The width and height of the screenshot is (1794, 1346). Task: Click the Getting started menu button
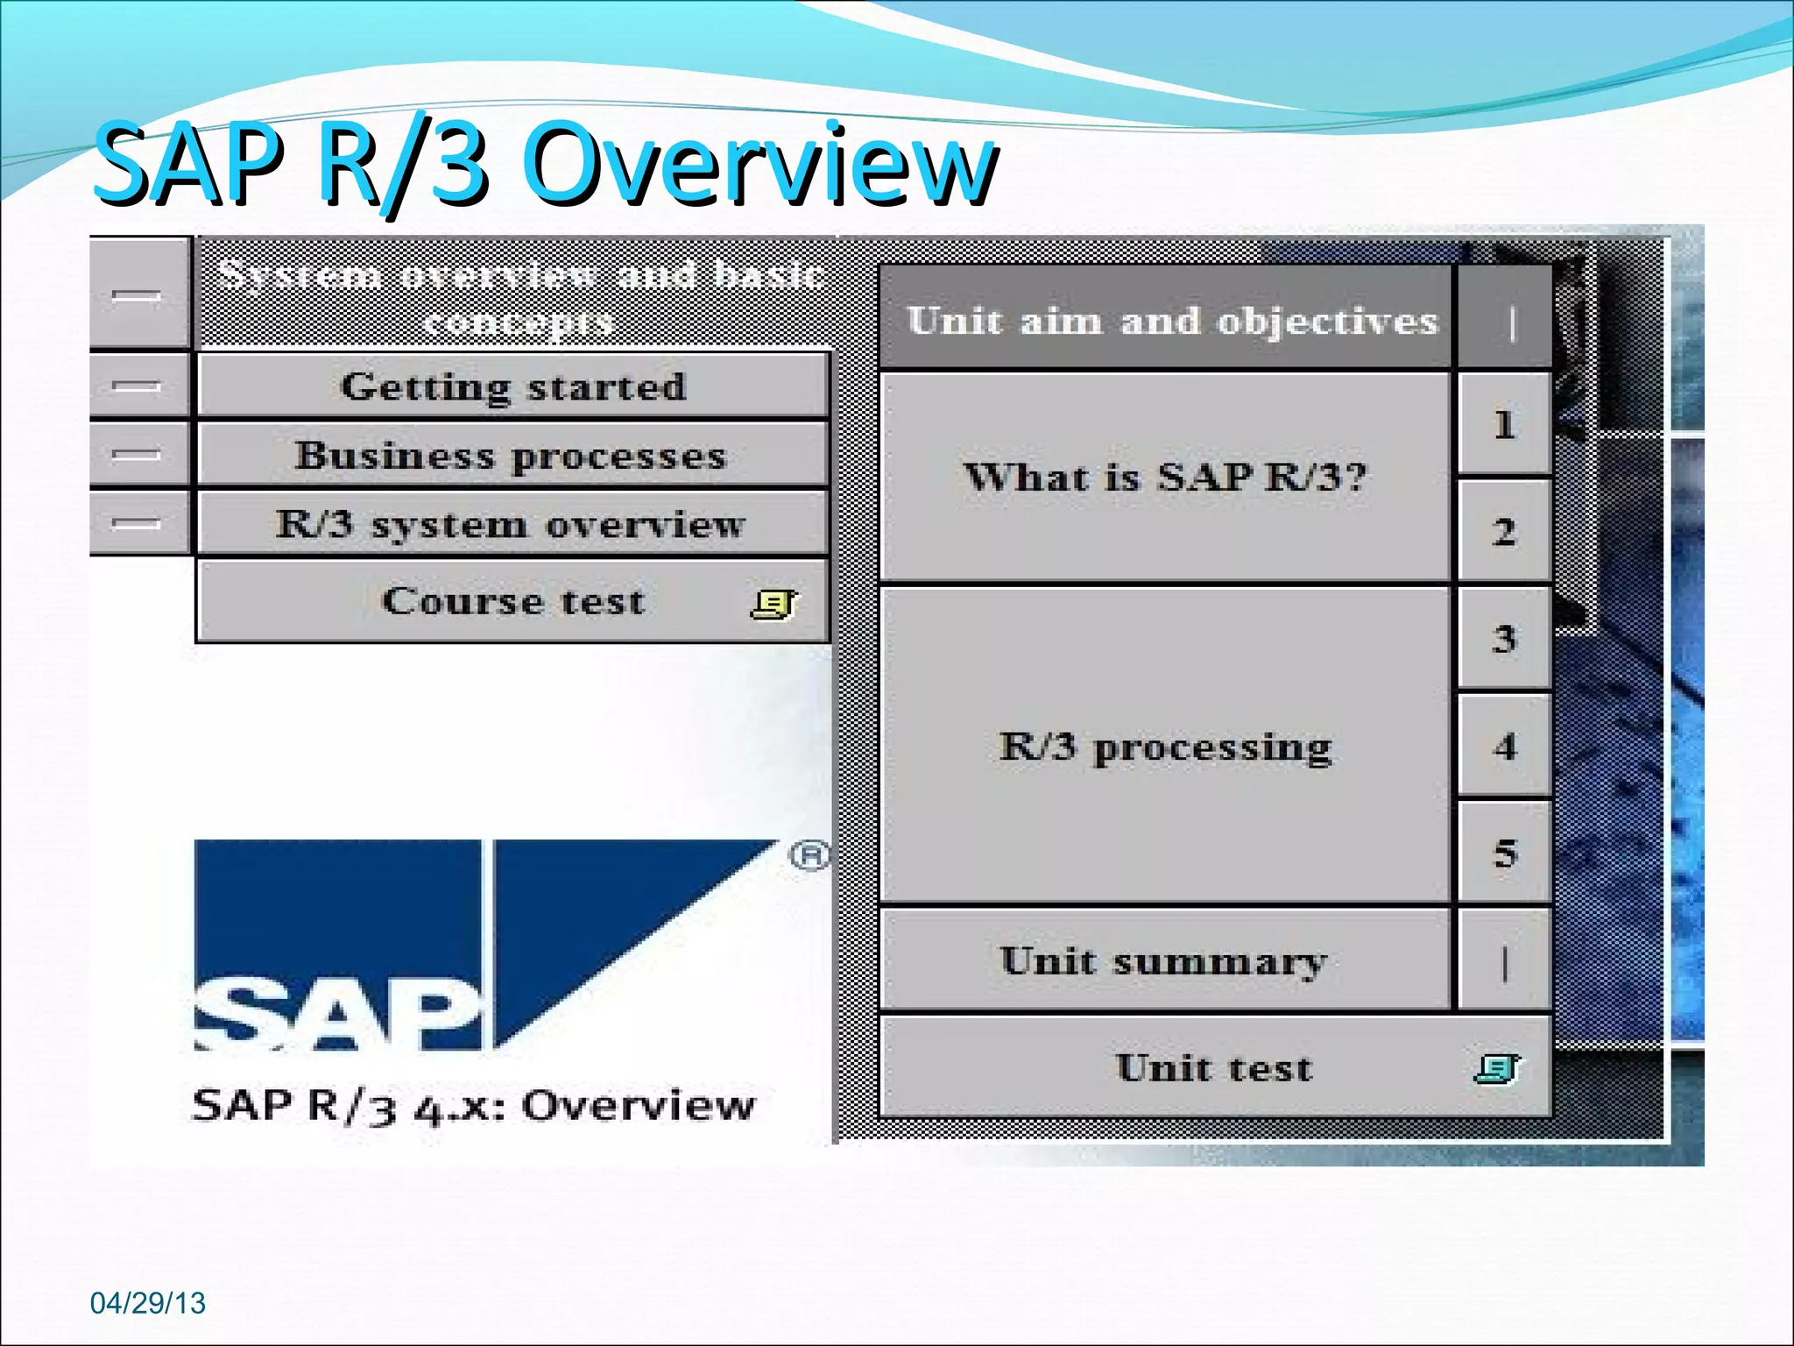(513, 386)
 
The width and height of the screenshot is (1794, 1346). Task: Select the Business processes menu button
(512, 456)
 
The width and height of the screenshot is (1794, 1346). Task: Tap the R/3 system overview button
(512, 524)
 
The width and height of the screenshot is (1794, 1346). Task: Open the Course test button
(513, 602)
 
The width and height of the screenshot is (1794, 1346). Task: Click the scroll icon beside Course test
(773, 604)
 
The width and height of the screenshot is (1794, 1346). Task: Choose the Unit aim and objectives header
(1170, 321)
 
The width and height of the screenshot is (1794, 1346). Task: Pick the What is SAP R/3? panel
(1165, 478)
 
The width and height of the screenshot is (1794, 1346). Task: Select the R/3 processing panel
(1165, 747)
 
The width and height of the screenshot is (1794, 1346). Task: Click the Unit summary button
(1163, 961)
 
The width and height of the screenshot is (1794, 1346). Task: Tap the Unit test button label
(1214, 1068)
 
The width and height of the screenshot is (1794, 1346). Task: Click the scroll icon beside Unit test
(1497, 1068)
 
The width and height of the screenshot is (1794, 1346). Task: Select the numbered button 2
(1504, 532)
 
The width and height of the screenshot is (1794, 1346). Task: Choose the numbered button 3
(1504, 639)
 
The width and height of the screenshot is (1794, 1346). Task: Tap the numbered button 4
(1504, 747)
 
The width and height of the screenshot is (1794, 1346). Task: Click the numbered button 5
(1504, 854)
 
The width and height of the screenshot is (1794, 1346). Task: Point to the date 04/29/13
(147, 1303)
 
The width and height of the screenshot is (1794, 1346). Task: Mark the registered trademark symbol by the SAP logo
(809, 854)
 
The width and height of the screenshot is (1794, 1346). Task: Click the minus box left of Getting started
(138, 386)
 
